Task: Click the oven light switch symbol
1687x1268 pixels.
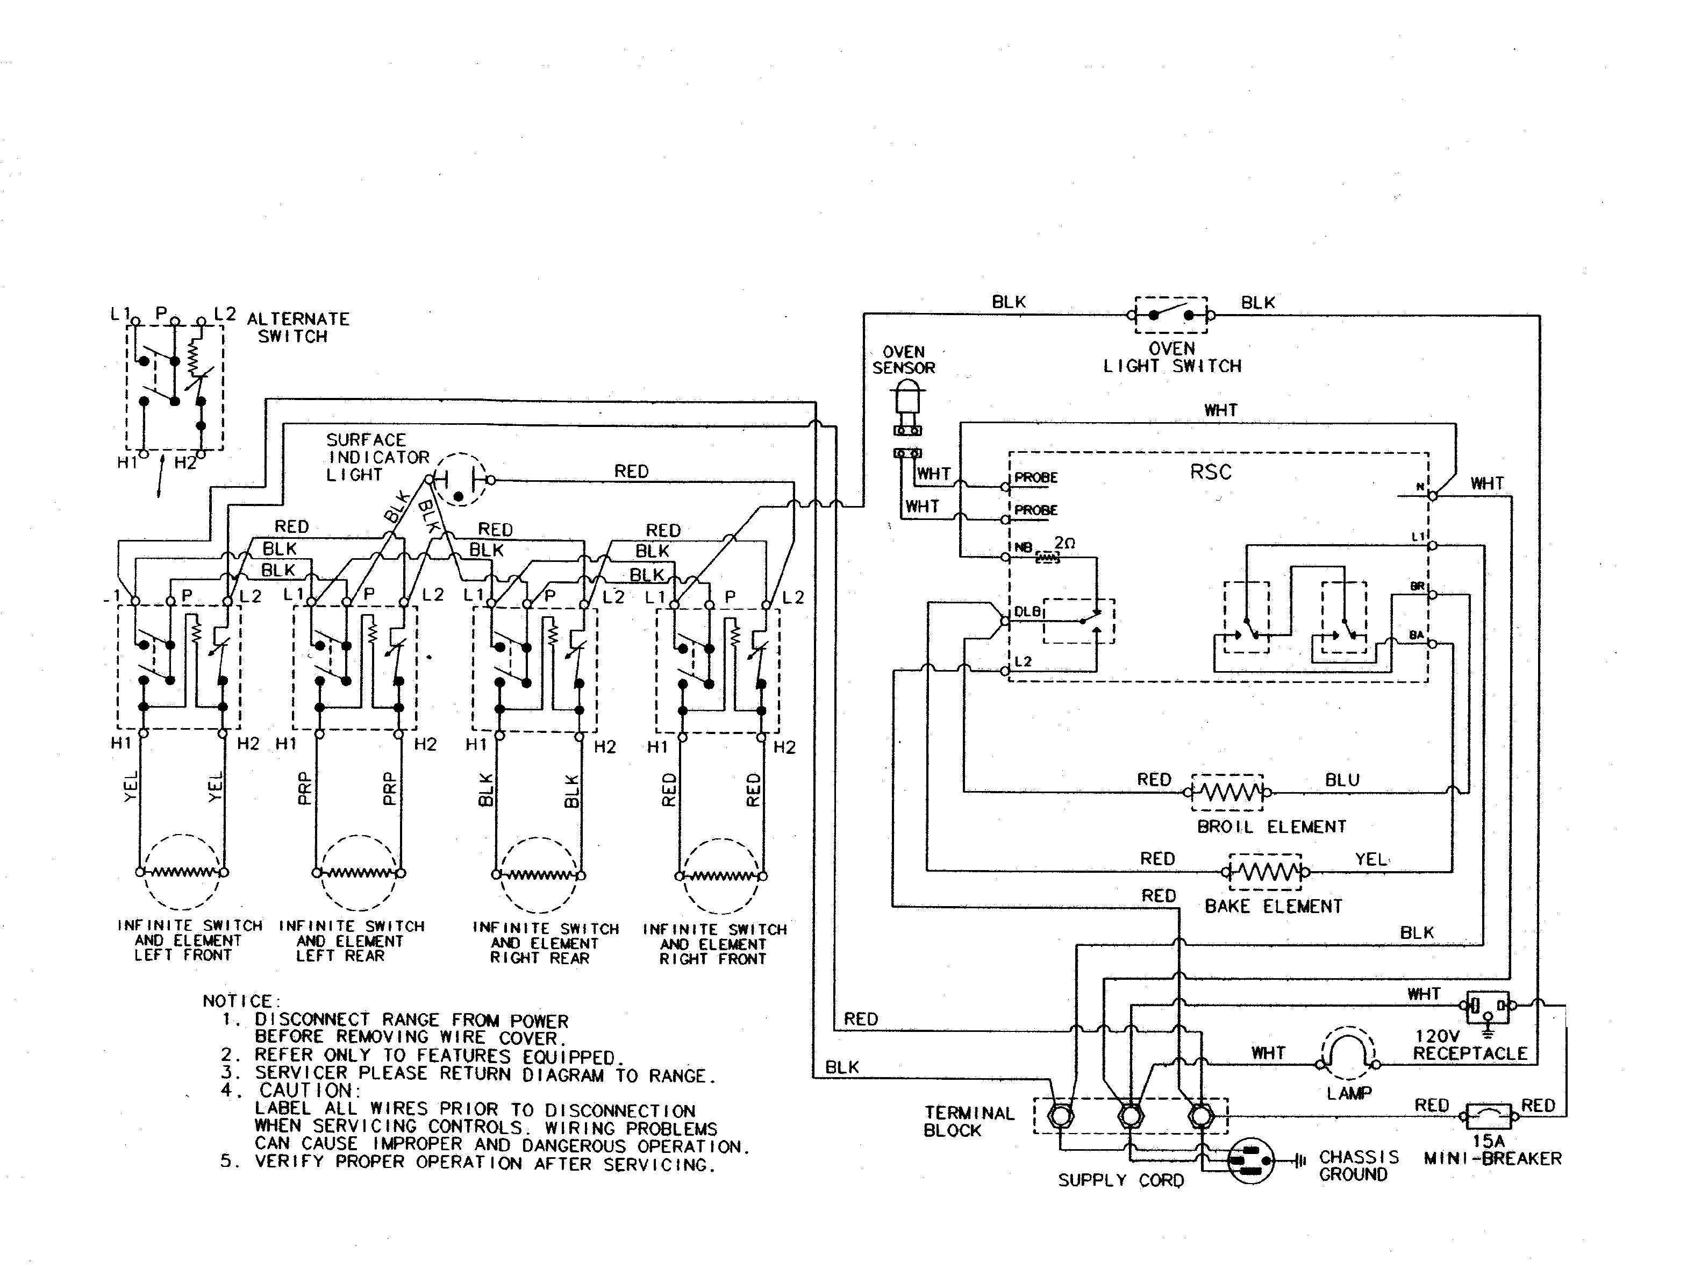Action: (1171, 315)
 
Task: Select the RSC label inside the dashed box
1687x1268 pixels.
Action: (1210, 472)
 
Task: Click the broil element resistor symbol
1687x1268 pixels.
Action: (1228, 792)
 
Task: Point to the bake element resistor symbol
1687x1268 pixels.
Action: (1266, 871)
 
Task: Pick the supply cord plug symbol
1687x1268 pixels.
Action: (1251, 1161)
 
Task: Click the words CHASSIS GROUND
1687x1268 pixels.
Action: (1359, 1166)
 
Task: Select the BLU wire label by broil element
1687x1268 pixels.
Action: (1342, 780)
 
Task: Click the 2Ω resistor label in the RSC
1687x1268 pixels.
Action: (1064, 543)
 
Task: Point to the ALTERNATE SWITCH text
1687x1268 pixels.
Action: (297, 327)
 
